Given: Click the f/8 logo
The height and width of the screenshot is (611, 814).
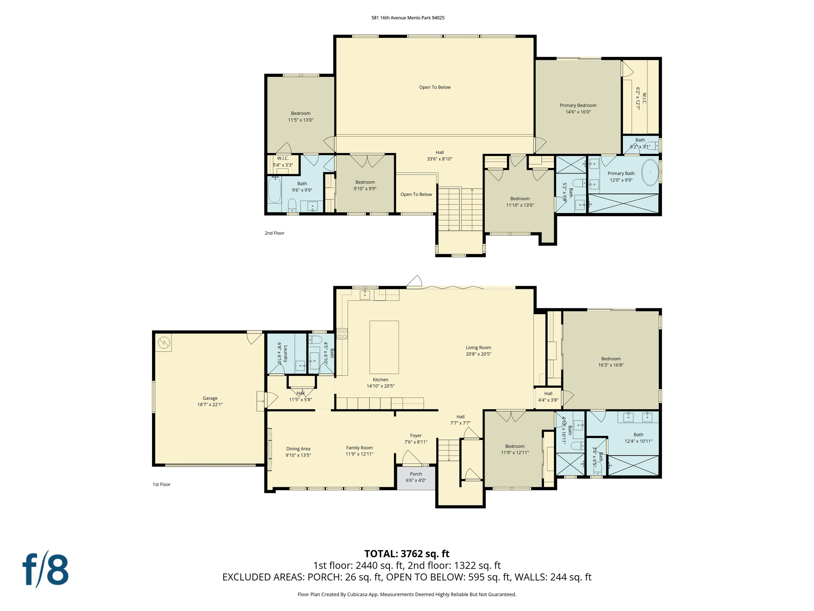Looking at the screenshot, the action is coord(46,570).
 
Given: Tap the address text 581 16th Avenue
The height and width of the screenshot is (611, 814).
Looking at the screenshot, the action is coord(389,18).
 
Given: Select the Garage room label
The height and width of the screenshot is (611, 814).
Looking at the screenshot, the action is coord(210,398).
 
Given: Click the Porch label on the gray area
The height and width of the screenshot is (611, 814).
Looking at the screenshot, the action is coord(416,474).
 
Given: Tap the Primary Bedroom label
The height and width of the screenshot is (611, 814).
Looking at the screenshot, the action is coord(578,105).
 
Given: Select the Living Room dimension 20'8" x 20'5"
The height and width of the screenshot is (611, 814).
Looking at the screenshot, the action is coord(478,354).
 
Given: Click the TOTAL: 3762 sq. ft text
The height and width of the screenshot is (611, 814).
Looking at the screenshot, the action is coord(407,554).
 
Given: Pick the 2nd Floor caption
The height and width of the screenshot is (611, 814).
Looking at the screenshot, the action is coord(274,233).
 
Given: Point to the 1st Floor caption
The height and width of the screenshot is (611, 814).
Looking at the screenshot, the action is coord(161,484).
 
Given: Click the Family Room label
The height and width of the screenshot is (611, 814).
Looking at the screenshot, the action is coord(359,448).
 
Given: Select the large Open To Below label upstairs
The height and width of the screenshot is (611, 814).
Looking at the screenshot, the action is coord(435,87).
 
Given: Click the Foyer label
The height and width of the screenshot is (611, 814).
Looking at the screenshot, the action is coord(416,435).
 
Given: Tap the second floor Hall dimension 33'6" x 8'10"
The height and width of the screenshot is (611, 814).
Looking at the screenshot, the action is coord(439,159).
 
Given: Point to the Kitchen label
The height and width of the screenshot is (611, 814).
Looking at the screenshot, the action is coord(381,379).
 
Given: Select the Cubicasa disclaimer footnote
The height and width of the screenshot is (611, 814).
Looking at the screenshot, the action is coord(407,594).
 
